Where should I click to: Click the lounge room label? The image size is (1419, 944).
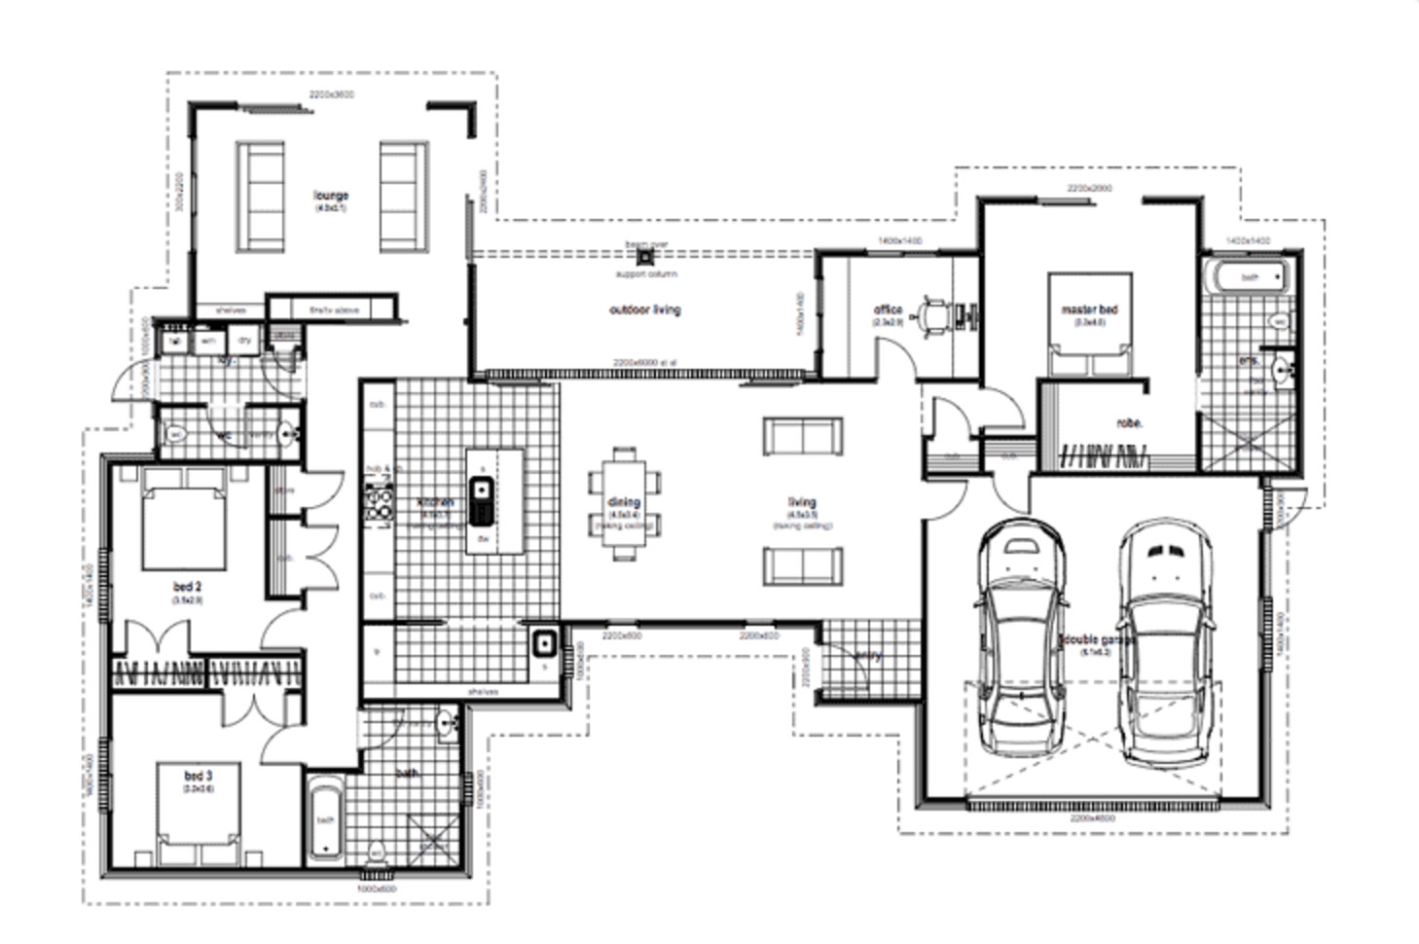(330, 197)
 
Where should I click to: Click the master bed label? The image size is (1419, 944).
(1089, 309)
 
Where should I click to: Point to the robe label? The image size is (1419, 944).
(1129, 423)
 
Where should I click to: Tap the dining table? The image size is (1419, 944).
(624, 503)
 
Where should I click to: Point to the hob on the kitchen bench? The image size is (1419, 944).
(378, 503)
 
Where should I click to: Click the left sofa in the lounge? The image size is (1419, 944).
(261, 198)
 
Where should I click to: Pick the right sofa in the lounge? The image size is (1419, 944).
(403, 198)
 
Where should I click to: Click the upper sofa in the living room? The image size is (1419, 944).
(802, 437)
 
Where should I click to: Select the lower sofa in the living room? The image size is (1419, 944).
(802, 565)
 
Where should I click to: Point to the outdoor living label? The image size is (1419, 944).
(644, 310)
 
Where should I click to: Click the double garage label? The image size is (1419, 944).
(1098, 640)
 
